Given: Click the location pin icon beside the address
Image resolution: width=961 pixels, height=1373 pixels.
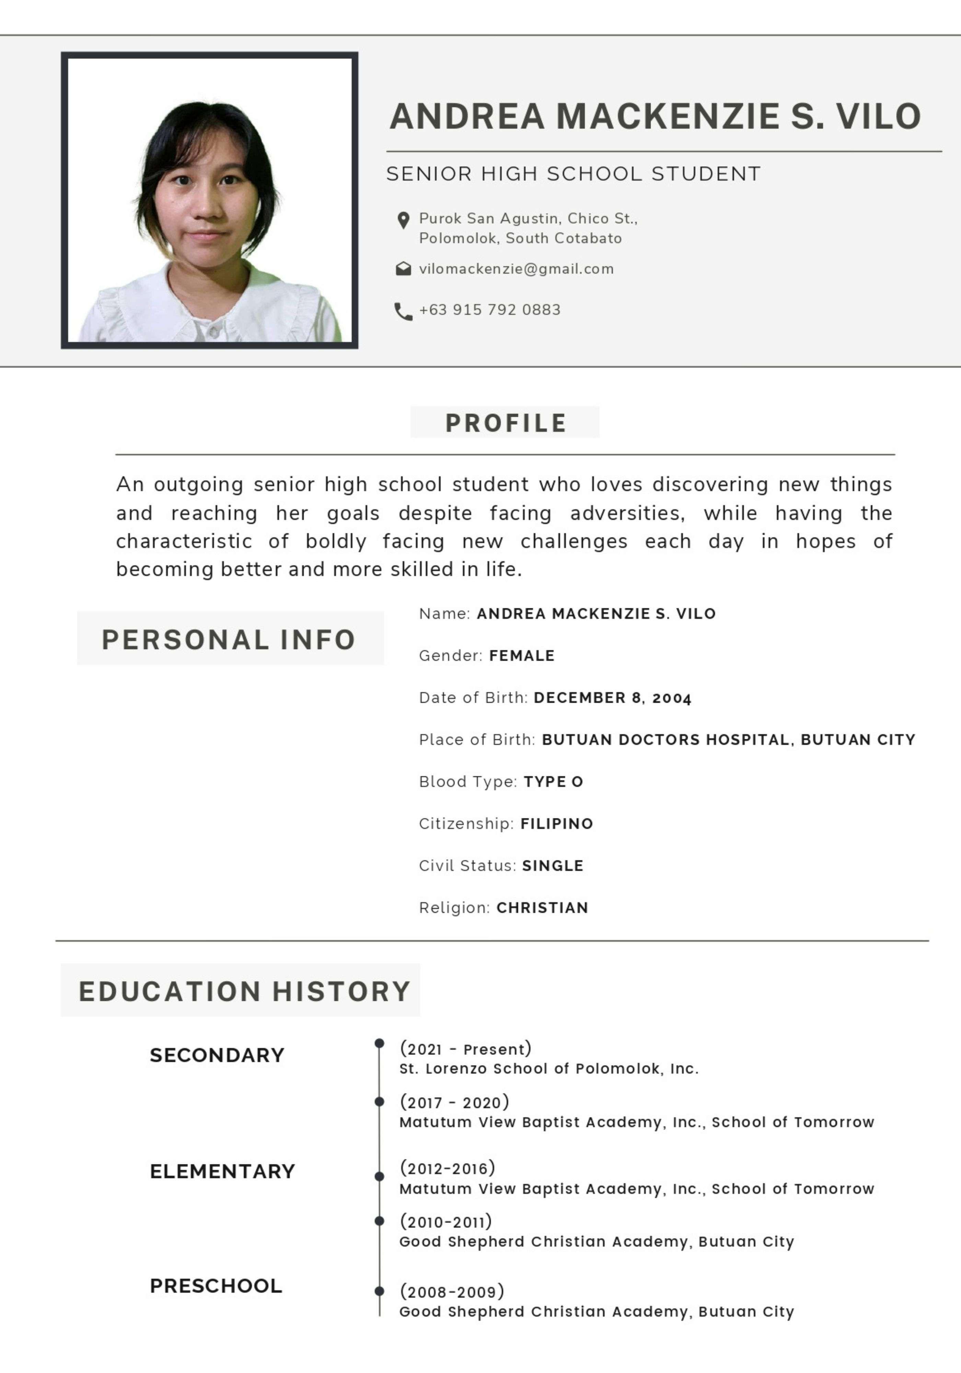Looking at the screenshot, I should click(x=404, y=220).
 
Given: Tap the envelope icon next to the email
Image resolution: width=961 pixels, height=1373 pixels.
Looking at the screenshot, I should click(x=404, y=269).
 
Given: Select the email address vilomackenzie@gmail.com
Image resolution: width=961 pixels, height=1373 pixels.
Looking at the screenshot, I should click(x=516, y=269).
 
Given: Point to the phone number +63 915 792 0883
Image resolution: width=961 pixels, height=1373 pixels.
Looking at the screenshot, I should click(x=490, y=310).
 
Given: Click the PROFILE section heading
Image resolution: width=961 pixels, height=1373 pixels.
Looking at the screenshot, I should click(x=505, y=423).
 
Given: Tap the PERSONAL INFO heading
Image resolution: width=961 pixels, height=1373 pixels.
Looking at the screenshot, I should click(x=229, y=639).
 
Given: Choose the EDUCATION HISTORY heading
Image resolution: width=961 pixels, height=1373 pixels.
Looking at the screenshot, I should click(x=245, y=991).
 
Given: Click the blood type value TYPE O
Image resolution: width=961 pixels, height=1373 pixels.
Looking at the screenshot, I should click(x=553, y=782).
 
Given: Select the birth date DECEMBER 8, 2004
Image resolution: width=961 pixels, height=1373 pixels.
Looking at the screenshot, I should click(x=612, y=698).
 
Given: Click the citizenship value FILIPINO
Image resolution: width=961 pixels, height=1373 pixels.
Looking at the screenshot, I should click(x=557, y=823).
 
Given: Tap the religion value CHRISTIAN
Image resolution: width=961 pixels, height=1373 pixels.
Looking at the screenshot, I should click(x=542, y=908).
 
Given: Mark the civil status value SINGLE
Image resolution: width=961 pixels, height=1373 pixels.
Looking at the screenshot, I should click(x=553, y=865).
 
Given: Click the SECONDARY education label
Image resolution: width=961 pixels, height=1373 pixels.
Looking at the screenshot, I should click(x=217, y=1055).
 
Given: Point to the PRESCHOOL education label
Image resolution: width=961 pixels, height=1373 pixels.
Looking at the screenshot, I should click(x=216, y=1286).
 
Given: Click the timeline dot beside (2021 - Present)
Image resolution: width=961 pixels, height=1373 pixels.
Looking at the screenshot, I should click(x=379, y=1043).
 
